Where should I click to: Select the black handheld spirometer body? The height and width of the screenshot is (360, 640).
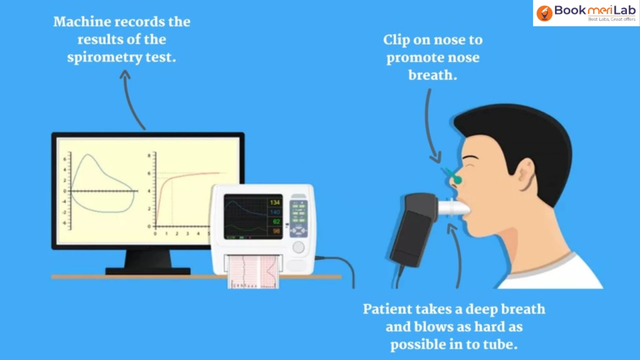412,230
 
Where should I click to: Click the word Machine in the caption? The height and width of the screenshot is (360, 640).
82,22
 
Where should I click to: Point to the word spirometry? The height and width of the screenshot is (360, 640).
105,57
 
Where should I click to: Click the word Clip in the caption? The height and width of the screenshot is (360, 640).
396,40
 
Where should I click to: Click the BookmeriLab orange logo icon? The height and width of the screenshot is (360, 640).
544,13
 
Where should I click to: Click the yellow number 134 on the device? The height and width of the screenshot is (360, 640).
275,202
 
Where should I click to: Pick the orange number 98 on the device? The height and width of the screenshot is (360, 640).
276,231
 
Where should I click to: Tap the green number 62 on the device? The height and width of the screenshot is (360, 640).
276,222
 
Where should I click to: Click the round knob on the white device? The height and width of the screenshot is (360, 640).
299,247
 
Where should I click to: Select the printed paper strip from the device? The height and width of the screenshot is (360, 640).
253,272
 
